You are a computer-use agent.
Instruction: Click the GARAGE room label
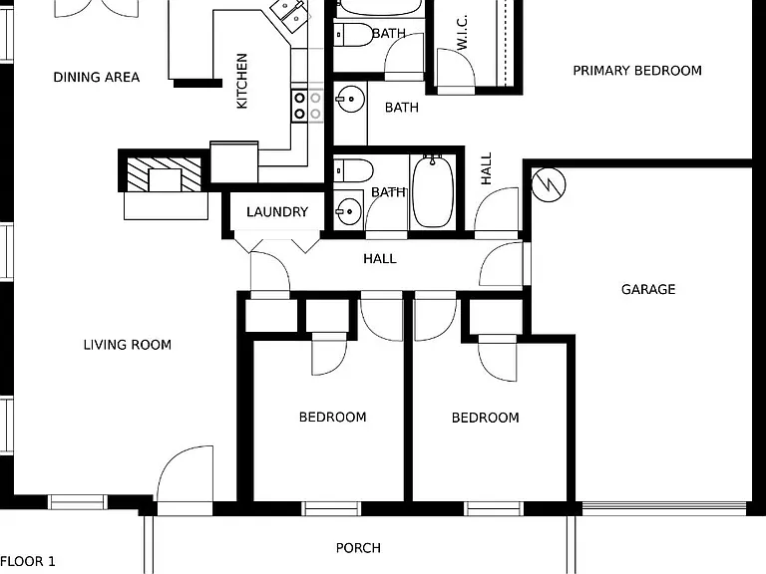(648, 289)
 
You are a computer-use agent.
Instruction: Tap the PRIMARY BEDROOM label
(637, 71)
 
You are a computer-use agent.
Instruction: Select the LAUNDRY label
(277, 212)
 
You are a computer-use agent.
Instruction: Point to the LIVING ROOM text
(128, 345)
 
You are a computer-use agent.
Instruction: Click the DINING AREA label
(96, 77)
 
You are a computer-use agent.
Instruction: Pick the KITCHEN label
(241, 81)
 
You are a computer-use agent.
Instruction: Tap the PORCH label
(358, 548)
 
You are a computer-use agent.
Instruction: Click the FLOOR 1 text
(28, 561)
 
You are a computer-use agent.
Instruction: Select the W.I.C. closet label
(462, 32)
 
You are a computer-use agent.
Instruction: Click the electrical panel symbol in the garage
(549, 185)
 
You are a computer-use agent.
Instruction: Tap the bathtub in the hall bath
(433, 191)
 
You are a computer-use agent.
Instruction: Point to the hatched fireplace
(165, 174)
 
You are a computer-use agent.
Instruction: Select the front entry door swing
(185, 473)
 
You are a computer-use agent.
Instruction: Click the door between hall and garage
(502, 263)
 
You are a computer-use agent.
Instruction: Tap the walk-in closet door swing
(455, 68)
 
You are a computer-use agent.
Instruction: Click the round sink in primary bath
(351, 99)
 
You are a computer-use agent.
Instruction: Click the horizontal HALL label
(380, 259)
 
